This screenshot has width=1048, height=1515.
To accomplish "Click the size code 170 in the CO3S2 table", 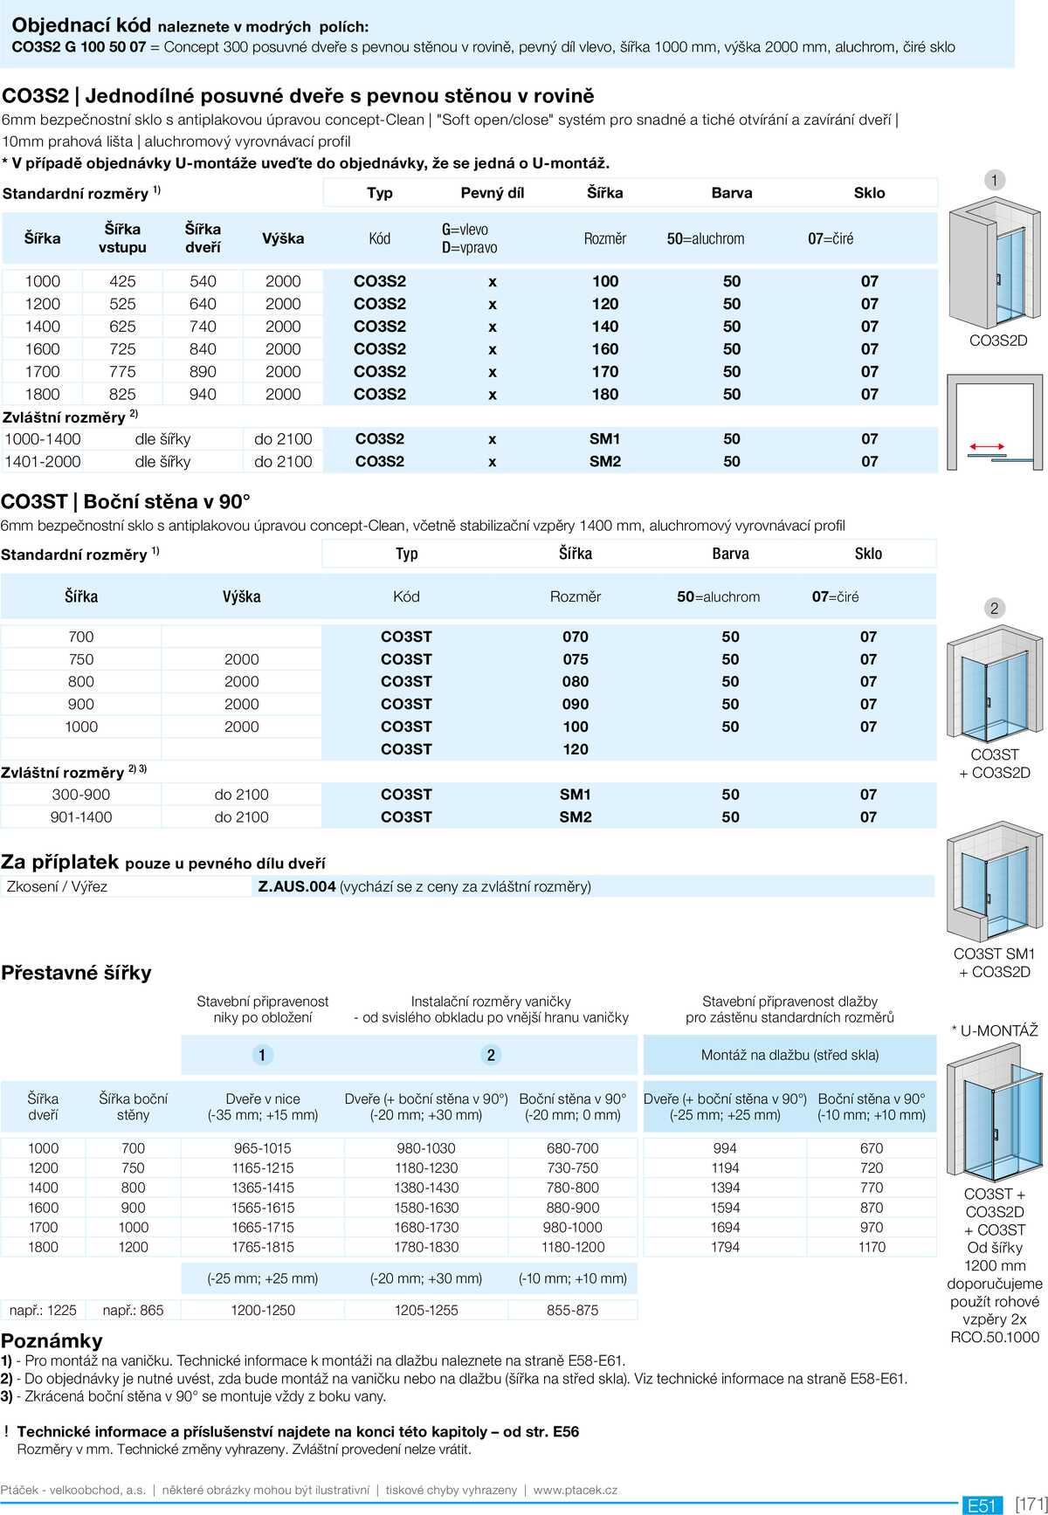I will coord(604,371).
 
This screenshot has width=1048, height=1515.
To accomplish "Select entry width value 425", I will coord(122,281).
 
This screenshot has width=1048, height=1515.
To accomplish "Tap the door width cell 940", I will coord(203,394).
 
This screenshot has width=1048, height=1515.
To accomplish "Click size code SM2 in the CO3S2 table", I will coord(604,461).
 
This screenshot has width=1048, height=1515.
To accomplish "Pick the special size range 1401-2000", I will coord(43,461).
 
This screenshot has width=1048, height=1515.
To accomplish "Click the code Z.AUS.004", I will coord(297,886).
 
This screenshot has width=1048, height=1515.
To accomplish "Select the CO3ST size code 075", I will coord(575,659).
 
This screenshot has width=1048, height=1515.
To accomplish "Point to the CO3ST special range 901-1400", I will coord(81,816).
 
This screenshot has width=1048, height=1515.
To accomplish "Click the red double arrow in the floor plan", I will coord(987,447).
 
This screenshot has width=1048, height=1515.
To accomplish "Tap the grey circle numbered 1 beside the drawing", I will coord(994,181).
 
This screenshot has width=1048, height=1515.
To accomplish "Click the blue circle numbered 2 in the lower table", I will coord(491,1055).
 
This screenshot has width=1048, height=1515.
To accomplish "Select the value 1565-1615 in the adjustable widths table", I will coord(262,1207).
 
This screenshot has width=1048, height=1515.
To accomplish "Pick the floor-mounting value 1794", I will coord(725,1247).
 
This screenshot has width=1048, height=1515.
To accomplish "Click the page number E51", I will coord(982,1505).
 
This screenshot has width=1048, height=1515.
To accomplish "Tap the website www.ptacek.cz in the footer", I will coord(575,1490).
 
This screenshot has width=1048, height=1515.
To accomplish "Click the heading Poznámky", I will coord(52,1340).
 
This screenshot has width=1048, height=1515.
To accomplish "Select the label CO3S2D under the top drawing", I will coord(998,341).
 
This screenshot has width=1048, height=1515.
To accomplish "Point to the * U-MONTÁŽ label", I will coord(995,1030).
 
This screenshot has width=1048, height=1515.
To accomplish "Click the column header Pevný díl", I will coord(493,193).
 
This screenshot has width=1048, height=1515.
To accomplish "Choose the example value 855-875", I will coord(572,1310).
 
